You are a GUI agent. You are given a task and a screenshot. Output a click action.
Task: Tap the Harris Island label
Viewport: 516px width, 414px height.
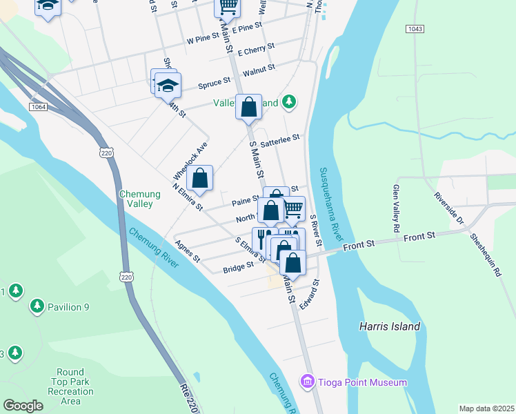coord(389,326)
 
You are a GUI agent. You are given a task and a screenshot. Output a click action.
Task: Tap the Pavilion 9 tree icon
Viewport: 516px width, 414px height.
coord(36,306)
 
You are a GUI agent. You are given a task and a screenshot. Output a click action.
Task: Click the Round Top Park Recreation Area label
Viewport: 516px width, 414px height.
coord(71,386)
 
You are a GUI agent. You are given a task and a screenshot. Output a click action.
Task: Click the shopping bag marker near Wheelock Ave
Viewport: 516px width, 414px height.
coord(199,179)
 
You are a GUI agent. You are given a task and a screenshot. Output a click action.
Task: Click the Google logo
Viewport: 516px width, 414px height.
coord(23,406)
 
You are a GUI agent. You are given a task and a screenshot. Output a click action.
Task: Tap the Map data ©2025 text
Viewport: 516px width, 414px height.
coord(486,408)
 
